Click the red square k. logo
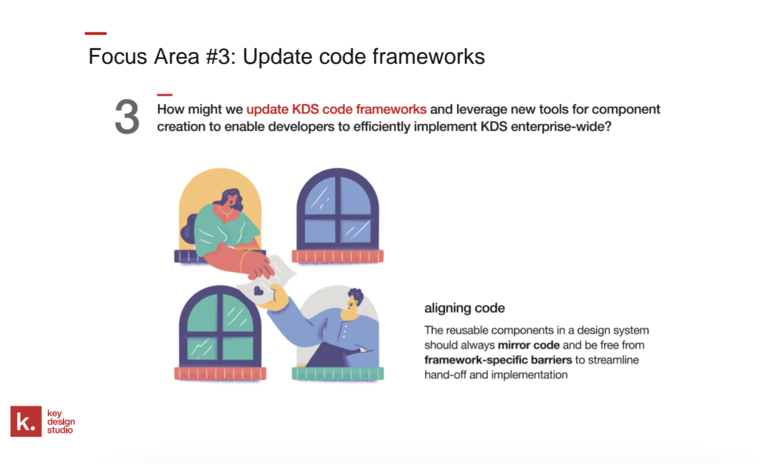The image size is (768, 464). tap(26, 421)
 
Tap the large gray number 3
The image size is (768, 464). tap(127, 117)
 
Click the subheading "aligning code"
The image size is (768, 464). tap(464, 308)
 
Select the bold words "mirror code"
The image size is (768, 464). tap(529, 345)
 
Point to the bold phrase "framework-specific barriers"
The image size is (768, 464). tap(498, 360)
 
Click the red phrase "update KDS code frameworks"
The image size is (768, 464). tap(337, 109)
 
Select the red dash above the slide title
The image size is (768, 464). tap(96, 33)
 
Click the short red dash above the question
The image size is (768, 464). tap(165, 95)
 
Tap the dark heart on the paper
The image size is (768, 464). tap(258, 292)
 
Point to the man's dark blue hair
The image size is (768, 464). tap(356, 295)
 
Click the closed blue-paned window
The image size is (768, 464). tap(338, 209)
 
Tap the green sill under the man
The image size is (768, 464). tap(338, 373)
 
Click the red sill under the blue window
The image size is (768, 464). tap(338, 256)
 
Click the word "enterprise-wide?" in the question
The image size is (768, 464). tap(561, 127)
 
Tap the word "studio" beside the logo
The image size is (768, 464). tap(60, 430)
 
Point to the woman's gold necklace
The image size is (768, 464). tap(226, 212)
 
